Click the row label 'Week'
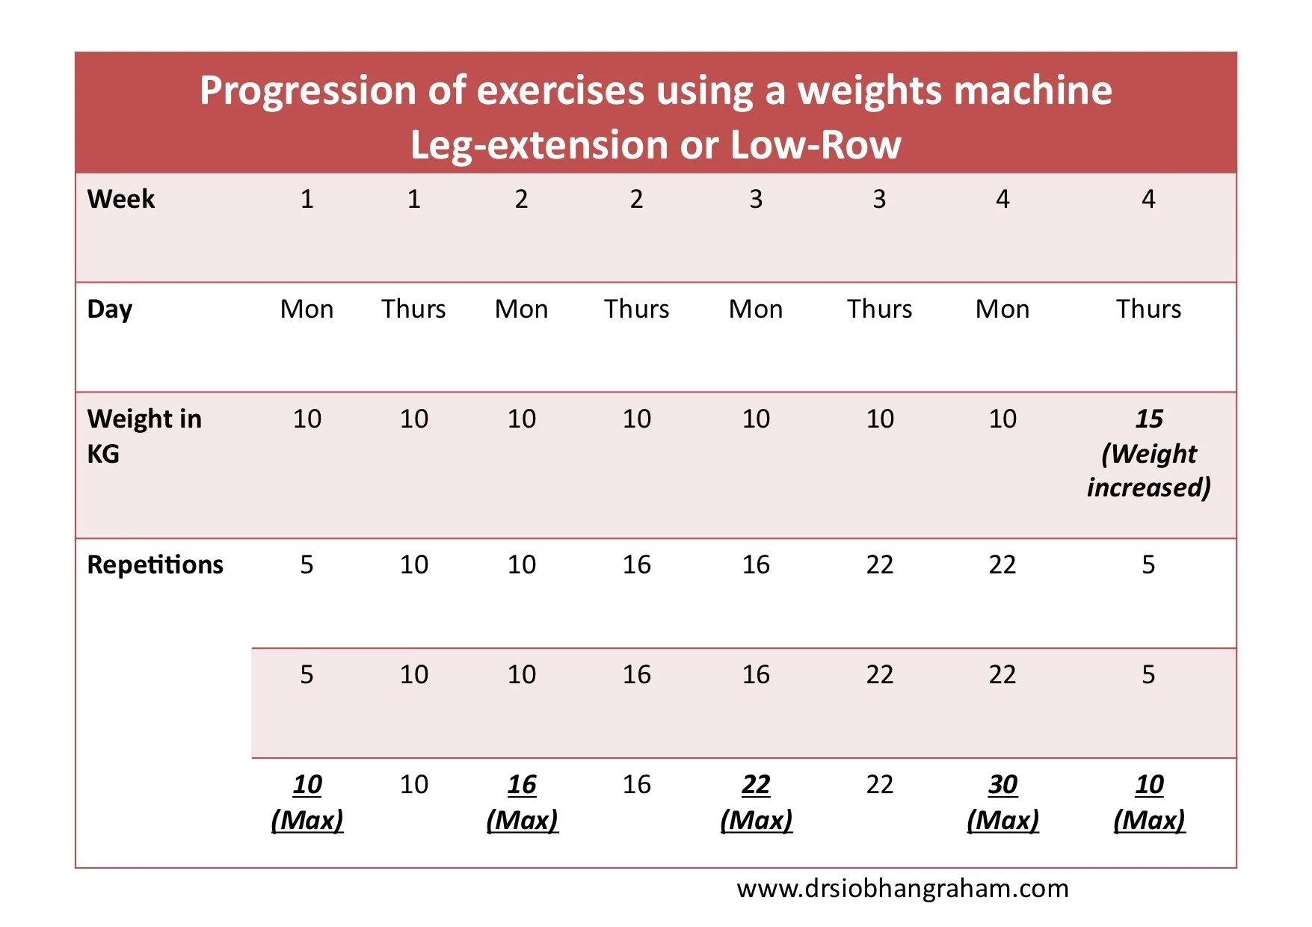tap(120, 199)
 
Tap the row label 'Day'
tap(109, 309)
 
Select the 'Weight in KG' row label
tap(144, 435)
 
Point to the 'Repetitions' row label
tap(155, 564)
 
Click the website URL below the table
tap(902, 889)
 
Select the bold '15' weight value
tap(1148, 419)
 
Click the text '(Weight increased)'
tap(1148, 471)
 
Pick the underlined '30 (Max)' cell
tap(1003, 801)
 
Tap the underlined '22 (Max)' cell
tap(756, 801)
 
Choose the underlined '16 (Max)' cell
tap(522, 801)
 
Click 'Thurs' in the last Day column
tap(1148, 309)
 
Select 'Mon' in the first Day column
tap(307, 309)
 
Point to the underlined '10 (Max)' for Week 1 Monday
tap(307, 801)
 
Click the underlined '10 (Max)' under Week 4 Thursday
tap(1148, 801)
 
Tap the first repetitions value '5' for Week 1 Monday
tap(307, 564)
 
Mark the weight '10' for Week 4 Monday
tap(1003, 419)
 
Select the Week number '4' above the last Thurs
tap(1148, 199)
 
